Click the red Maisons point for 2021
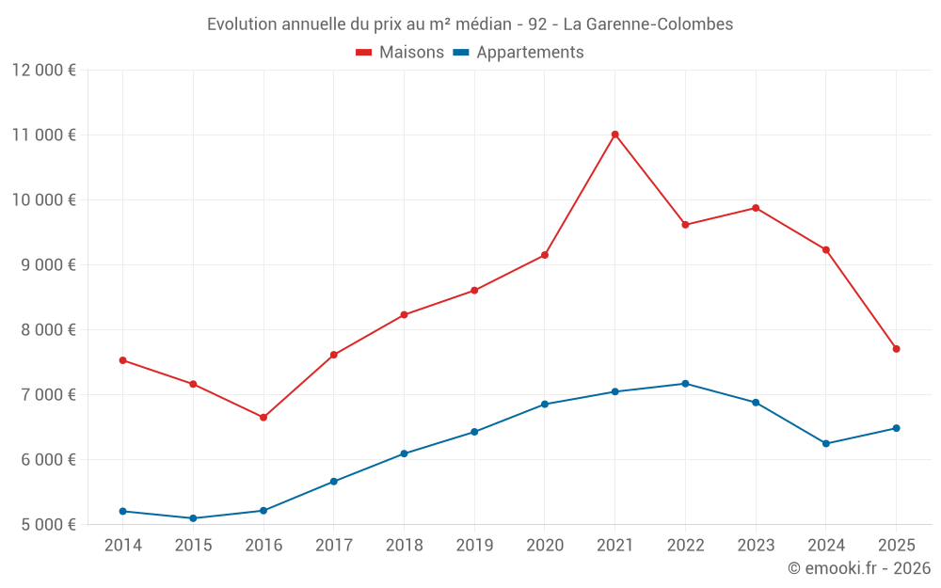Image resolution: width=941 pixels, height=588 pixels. (614, 135)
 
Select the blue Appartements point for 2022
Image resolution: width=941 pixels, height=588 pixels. (685, 384)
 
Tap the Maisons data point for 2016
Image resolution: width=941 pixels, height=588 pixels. (263, 418)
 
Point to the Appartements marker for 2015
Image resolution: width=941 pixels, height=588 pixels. (193, 518)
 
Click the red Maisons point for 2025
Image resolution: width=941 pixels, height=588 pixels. (896, 349)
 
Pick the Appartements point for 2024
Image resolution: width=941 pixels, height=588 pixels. (826, 444)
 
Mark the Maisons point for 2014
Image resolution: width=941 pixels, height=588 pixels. (123, 360)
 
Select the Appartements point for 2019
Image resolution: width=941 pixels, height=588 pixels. (474, 432)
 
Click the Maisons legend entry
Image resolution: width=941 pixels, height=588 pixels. (400, 53)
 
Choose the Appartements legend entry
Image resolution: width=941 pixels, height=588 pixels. (518, 53)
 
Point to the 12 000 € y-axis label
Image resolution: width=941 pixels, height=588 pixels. (44, 71)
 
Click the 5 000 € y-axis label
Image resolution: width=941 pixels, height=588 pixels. (44, 525)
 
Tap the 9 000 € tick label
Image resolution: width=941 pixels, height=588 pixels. (44, 265)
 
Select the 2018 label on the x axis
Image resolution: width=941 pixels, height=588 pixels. (404, 546)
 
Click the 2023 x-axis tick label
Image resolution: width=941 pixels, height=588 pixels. (756, 546)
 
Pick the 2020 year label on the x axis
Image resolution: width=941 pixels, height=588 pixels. (545, 546)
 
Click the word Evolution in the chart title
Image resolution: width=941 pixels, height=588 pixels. (242, 24)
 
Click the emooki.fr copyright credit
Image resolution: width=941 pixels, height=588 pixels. (859, 568)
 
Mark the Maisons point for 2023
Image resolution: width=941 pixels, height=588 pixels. (756, 208)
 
